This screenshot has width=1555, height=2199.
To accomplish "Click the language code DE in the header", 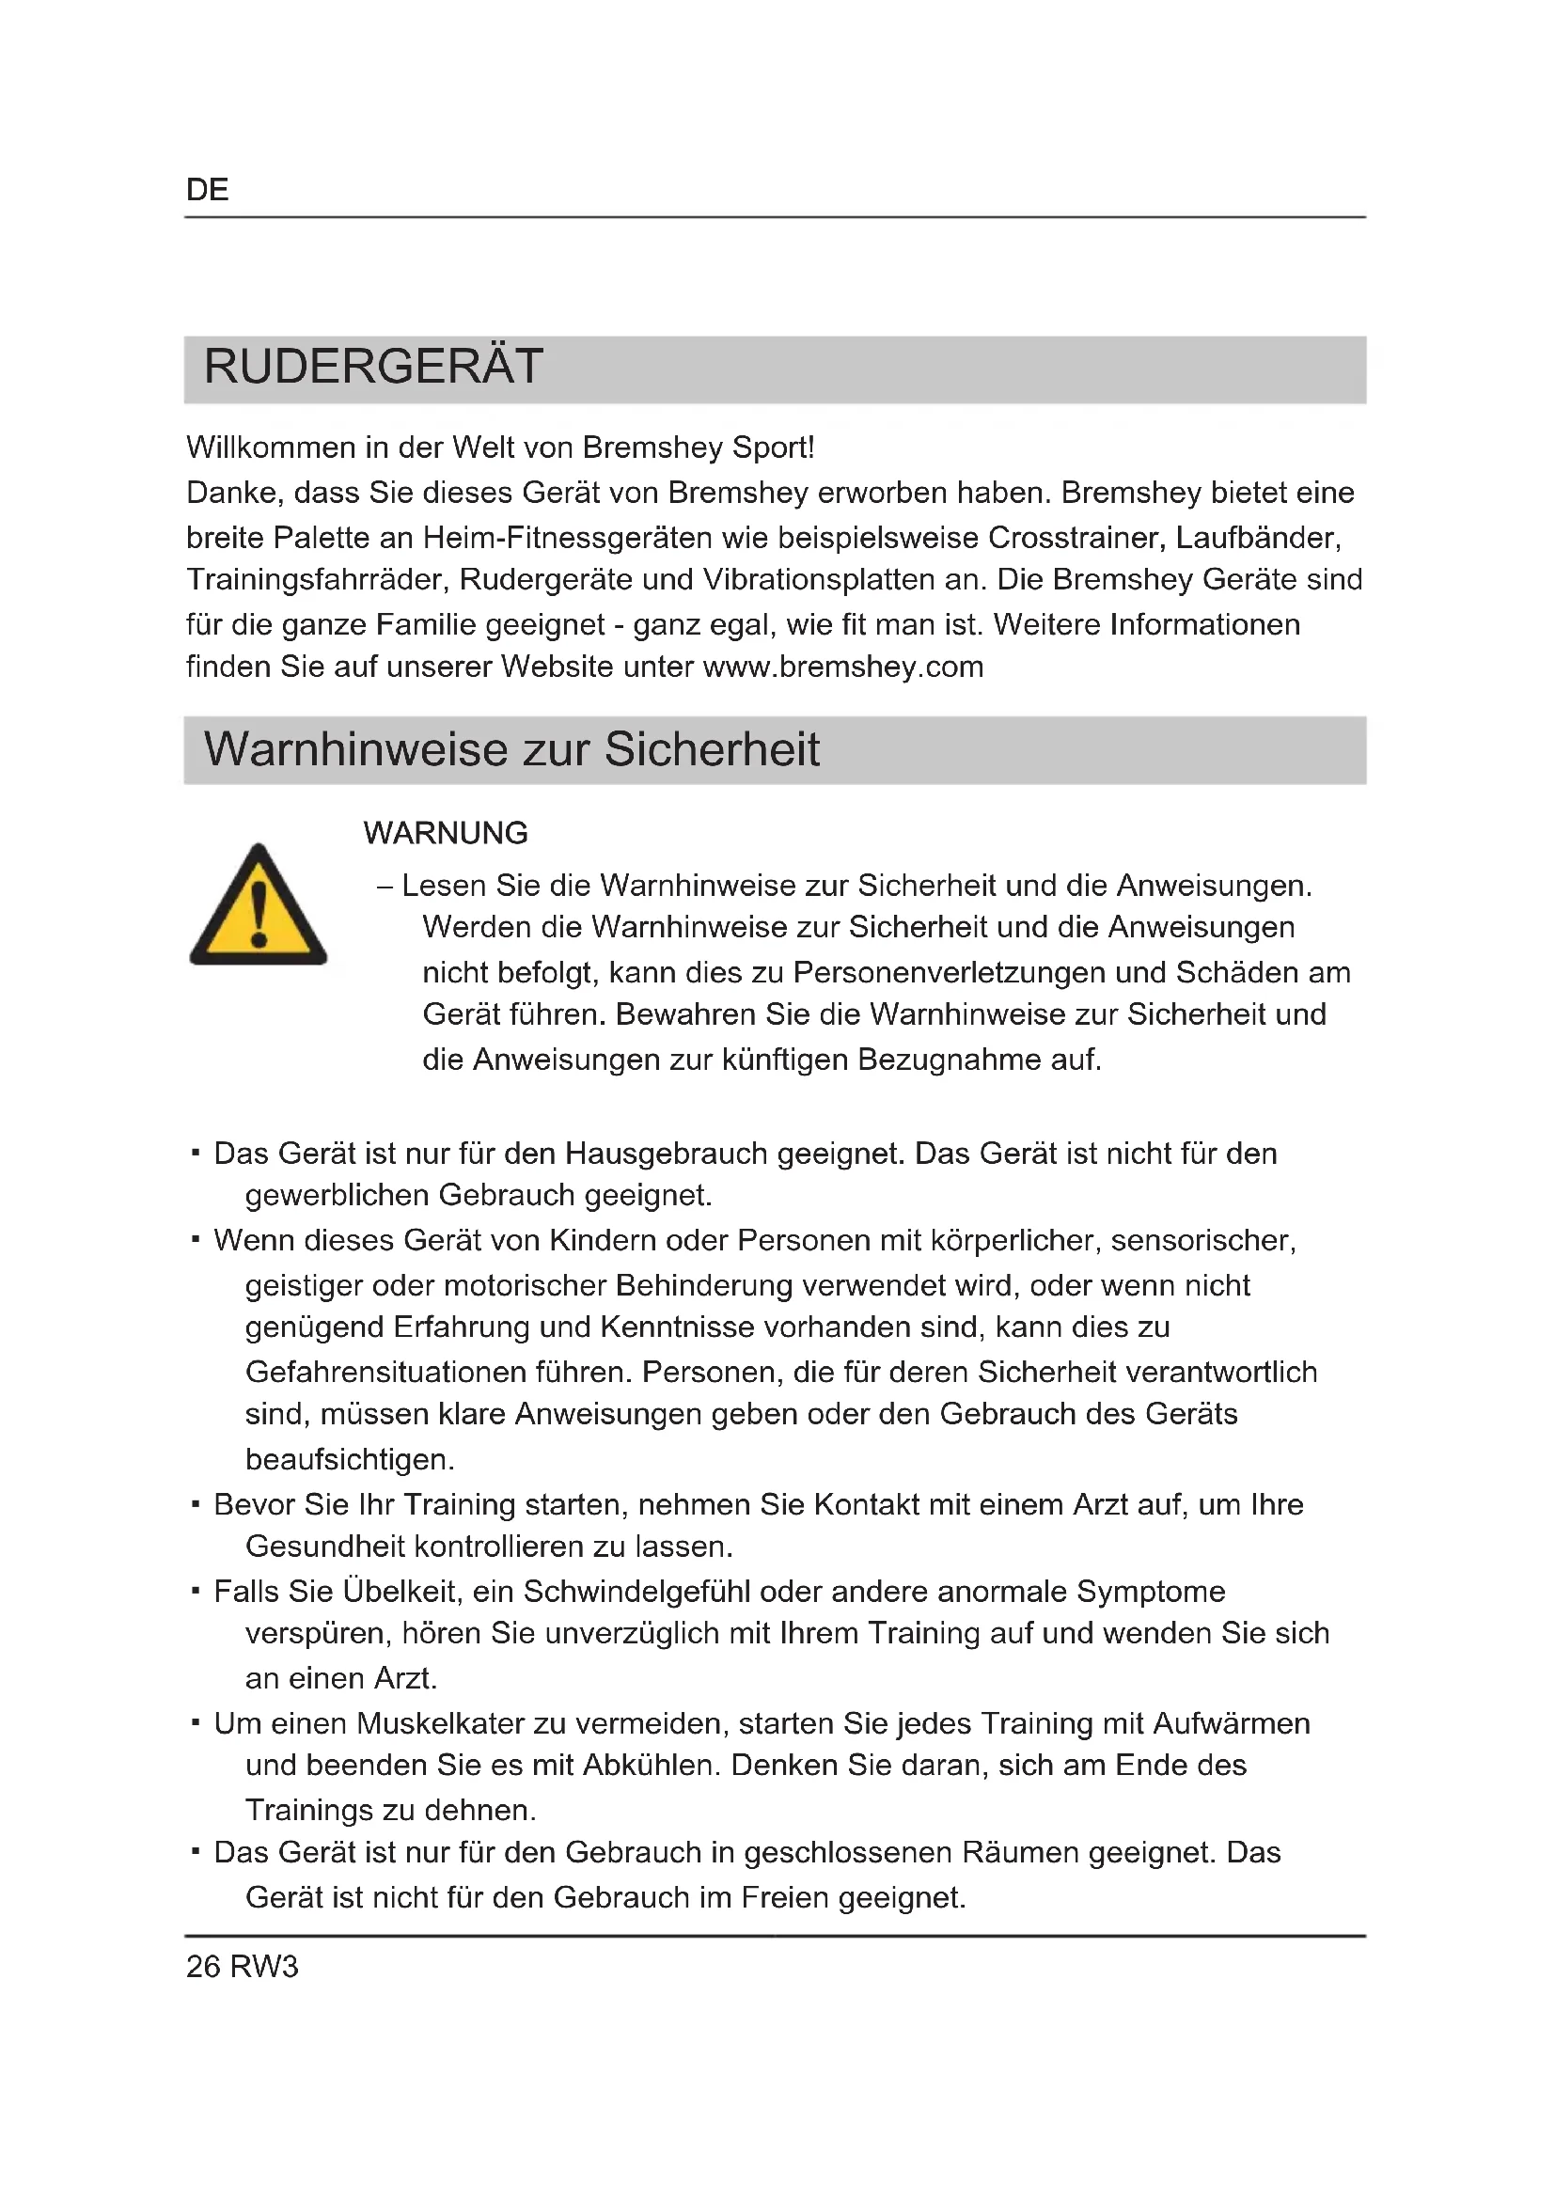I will [207, 190].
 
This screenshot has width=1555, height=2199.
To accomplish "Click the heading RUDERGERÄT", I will [373, 367].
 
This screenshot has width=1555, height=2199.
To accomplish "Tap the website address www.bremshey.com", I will [842, 667].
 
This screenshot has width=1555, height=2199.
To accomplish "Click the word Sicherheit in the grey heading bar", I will [712, 750].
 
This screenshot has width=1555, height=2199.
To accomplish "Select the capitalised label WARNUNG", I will [446, 833].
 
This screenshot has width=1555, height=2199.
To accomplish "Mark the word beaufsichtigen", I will [350, 1460].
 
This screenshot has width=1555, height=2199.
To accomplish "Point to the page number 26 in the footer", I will [203, 1966].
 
